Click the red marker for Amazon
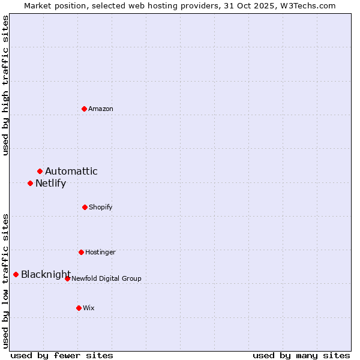pyautogui.click(x=85, y=109)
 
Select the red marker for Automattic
pyautogui.click(x=40, y=172)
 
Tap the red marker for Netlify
pyautogui.click(x=31, y=183)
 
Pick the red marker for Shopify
pyautogui.click(x=85, y=207)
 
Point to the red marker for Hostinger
pyautogui.click(x=81, y=252)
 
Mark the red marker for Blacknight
pyautogui.click(x=16, y=274)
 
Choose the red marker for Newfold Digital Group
pyautogui.click(x=67, y=278)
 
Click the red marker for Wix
pyautogui.click(x=79, y=308)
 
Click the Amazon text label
pyautogui.click(x=101, y=109)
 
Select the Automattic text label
pyautogui.click(x=71, y=172)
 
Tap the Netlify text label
pyautogui.click(x=50, y=184)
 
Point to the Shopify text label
pyautogui.click(x=101, y=207)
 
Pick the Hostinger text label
pyautogui.click(x=100, y=252)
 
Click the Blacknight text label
pyautogui.click(x=46, y=275)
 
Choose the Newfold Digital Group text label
pyautogui.click(x=107, y=278)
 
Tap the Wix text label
pyautogui.click(x=89, y=308)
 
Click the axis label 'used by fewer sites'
pyautogui.click(x=62, y=356)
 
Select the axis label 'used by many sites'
pyautogui.click(x=301, y=356)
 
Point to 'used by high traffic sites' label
pyautogui.click(x=5, y=86)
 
